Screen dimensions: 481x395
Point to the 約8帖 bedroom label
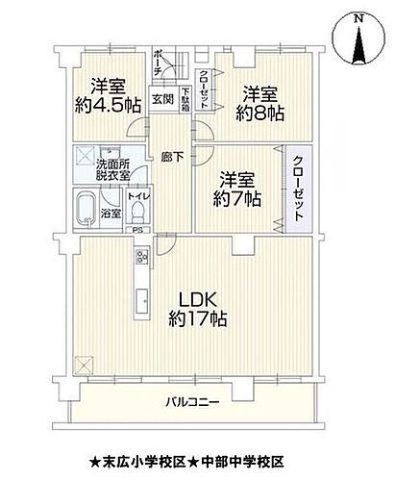260,104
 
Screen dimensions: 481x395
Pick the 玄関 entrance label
162,97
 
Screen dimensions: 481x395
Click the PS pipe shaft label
137,231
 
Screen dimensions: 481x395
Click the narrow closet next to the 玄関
204,88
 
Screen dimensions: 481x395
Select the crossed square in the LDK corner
85,364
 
